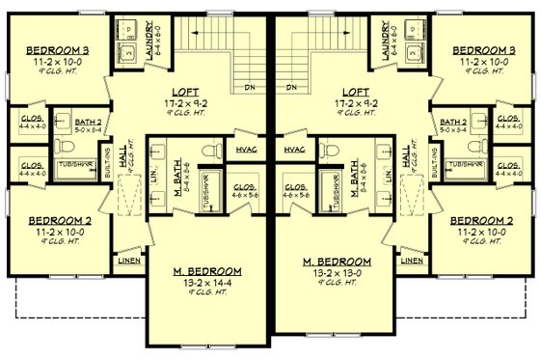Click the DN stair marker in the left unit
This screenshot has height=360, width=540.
[249, 88]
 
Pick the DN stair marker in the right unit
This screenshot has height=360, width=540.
[291, 88]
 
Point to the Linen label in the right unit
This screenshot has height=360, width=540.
[413, 260]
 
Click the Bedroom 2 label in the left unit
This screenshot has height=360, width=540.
[57, 219]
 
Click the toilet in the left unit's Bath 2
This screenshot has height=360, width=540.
[62, 145]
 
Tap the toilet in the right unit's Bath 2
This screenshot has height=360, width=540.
[477, 145]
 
